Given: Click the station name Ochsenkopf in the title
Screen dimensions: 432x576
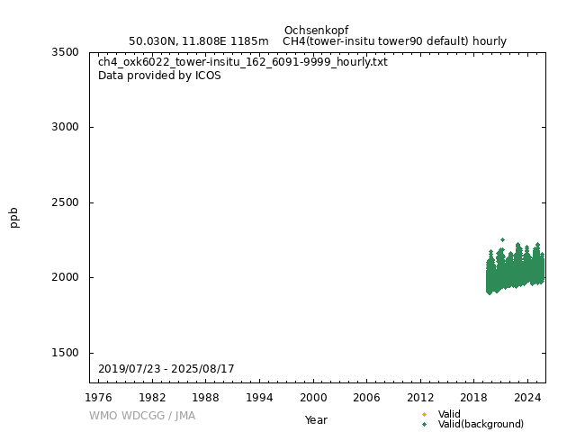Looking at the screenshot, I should tap(316, 31).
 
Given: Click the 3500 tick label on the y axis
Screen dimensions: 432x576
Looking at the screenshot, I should tap(65, 52).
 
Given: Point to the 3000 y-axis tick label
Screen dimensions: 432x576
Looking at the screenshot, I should tap(65, 127).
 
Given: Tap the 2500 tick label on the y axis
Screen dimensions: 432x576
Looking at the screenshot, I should tap(65, 202).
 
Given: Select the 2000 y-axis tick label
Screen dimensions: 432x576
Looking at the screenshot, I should tap(65, 277).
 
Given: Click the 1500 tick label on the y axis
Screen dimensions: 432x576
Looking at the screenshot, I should tap(65, 353).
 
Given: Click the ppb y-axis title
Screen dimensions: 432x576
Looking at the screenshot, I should tap(14, 217).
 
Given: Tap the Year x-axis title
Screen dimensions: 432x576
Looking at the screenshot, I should tap(316, 420).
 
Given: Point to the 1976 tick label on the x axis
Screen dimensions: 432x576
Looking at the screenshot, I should tap(99, 397).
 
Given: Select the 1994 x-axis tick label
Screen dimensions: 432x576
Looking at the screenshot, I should tap(260, 397).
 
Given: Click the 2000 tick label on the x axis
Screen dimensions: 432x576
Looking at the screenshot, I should tap(313, 397).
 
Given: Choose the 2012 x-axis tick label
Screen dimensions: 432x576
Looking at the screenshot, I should tap(420, 397).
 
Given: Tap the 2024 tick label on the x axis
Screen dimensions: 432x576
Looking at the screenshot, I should tap(527, 397).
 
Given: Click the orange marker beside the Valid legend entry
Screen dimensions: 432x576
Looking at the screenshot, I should tap(424, 415).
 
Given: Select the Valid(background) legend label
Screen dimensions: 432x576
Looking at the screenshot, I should tap(480, 425).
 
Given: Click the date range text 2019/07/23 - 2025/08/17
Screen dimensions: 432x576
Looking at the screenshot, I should tap(166, 369).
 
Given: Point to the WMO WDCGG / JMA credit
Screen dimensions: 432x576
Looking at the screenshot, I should tap(141, 416).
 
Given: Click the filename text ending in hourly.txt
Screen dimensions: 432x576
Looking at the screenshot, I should tap(243, 62).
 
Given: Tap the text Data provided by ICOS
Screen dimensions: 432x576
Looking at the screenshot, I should tap(159, 76).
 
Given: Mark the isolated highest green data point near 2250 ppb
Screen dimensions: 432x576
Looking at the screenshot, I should tap(502, 239).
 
